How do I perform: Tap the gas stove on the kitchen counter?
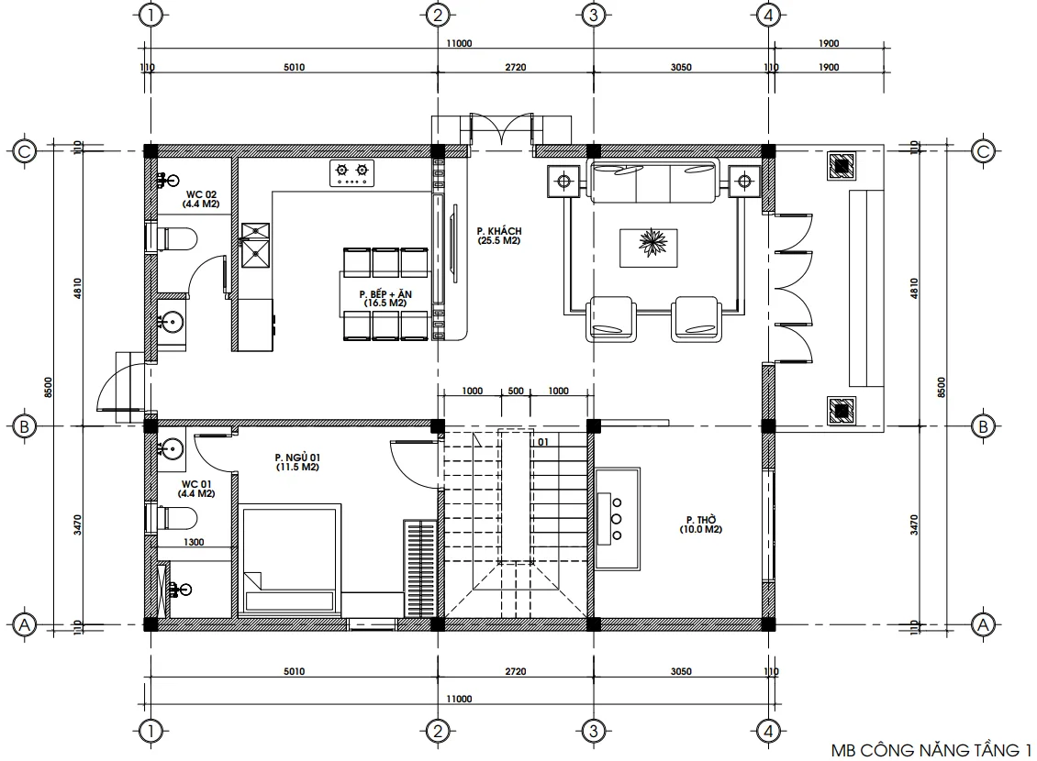[351, 172]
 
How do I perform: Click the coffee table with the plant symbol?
[648, 248]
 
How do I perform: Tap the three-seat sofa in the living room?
[653, 182]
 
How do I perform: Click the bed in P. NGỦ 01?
[290, 560]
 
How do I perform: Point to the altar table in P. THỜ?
[617, 519]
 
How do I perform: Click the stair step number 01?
[543, 442]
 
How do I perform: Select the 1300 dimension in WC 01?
[194, 542]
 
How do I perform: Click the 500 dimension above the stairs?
[516, 391]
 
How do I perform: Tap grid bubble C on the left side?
[25, 151]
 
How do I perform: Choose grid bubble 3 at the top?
[593, 15]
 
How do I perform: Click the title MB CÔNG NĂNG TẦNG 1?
[931, 750]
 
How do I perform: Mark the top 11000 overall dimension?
[459, 44]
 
